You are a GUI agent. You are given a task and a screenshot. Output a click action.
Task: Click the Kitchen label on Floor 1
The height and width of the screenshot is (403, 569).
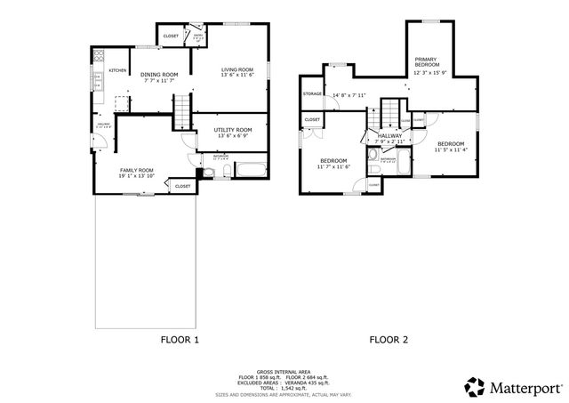117,70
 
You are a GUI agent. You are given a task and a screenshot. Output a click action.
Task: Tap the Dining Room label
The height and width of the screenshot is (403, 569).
160,74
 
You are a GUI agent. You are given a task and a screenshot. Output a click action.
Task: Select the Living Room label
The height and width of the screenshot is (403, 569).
237,69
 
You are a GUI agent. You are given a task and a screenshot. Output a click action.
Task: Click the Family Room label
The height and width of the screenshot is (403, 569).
137,170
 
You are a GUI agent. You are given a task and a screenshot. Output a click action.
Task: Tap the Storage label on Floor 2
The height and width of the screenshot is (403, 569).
312,93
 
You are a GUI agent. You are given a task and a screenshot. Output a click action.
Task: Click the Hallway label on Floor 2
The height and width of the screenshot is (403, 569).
389,135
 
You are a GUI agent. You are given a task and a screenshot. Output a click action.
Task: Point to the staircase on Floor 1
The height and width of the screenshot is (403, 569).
182,113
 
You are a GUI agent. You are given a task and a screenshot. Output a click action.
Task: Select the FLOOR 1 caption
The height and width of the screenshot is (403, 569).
180,340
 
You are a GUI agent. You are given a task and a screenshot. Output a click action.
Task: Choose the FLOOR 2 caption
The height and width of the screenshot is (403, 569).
389,340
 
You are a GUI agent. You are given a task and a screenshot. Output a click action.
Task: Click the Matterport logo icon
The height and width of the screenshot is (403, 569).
476,387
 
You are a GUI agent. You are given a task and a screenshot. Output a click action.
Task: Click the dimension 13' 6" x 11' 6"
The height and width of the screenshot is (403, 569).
237,77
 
